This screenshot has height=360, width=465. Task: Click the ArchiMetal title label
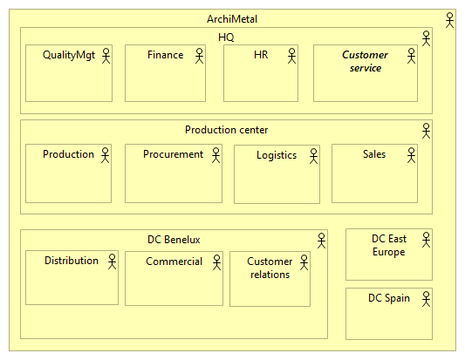pos(232,19)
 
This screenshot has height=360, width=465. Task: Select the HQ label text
pos(226,37)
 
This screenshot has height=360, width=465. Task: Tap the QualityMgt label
pos(68,55)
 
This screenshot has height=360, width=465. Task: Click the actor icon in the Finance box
pos(199,57)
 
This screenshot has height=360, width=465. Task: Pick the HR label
pos(261,55)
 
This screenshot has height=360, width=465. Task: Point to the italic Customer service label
pos(365,61)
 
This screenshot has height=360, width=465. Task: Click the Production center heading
pos(226,130)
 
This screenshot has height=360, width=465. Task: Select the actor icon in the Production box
pos(106,156)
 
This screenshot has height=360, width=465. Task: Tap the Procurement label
pos(173,154)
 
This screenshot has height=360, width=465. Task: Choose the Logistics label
pos(276,155)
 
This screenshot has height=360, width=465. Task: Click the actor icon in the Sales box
pos(413,156)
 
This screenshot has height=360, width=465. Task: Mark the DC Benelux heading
pos(174,240)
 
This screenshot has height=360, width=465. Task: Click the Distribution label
pos(72,261)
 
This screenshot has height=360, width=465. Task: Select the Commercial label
pos(174,262)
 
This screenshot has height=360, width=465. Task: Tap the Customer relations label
pos(270,268)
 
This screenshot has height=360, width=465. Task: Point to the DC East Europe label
pos(388,245)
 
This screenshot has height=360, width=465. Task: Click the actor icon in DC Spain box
pos(425,300)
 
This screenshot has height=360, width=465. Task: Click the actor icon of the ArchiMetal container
pos(450,19)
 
